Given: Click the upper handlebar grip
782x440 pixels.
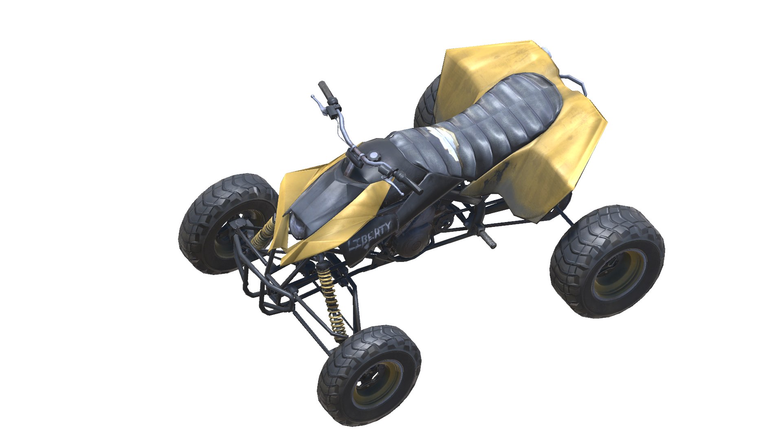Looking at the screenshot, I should [x=326, y=92].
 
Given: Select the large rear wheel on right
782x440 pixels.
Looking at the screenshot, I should [x=607, y=261].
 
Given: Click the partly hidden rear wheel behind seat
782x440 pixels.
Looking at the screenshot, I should [x=426, y=102].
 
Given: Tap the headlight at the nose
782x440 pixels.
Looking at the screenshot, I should [x=297, y=227].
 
